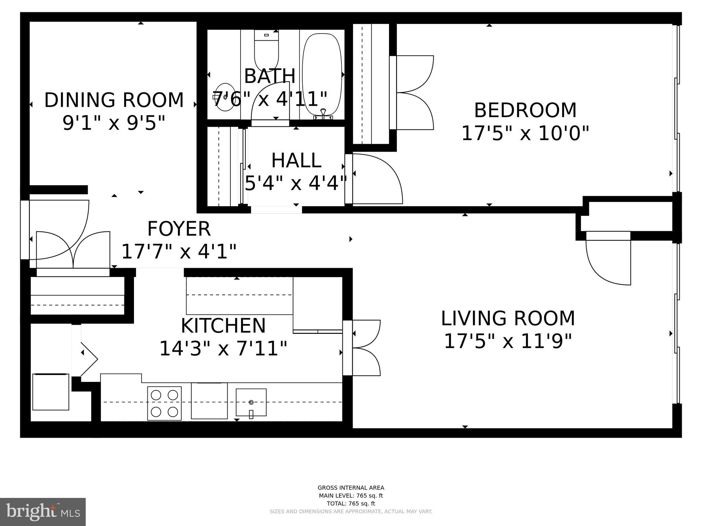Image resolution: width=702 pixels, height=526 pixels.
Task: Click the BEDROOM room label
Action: [525, 110]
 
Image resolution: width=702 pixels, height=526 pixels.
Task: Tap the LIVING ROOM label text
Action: [508, 318]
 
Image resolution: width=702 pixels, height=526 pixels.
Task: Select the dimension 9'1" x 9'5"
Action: [114, 123]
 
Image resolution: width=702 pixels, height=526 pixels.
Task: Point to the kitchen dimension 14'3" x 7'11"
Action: [223, 349]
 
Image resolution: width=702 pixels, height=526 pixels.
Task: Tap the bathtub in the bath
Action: [322, 75]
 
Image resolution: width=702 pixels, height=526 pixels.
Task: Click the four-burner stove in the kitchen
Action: [165, 403]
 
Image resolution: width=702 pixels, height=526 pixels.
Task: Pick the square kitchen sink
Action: [251, 402]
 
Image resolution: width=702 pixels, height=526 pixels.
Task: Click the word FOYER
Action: [179, 229]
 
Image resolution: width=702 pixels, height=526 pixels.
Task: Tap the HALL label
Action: [296, 161]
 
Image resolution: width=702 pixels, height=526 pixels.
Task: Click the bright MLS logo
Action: [43, 512]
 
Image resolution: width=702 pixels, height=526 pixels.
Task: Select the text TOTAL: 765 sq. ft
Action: [351, 503]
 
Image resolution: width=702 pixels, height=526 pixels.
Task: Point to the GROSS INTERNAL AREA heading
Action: [351, 488]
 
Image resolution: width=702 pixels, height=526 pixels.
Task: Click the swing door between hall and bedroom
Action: [377, 179]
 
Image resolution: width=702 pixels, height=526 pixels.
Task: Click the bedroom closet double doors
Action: [415, 92]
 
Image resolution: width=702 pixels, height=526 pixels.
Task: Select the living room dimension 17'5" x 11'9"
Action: [508, 341]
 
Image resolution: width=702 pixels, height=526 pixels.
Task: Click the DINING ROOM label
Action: [114, 100]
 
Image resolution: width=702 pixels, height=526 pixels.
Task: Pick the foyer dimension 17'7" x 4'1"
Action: [179, 251]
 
